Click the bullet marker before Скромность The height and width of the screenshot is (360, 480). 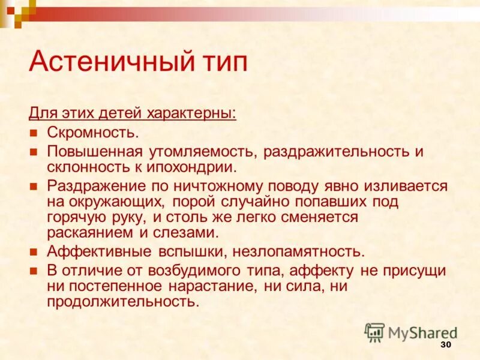pyautogui.click(x=34, y=133)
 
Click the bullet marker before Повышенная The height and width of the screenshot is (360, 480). pyautogui.click(x=34, y=151)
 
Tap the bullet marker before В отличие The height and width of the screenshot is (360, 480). pyautogui.click(x=34, y=271)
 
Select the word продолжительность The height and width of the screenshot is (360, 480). pyautogui.click(x=122, y=301)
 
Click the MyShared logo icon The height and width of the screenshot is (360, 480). pyautogui.click(x=374, y=332)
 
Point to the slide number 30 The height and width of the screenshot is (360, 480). pyautogui.click(x=445, y=344)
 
